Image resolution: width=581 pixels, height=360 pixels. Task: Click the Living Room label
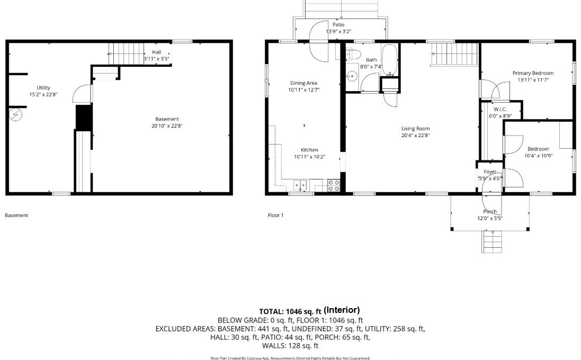tap(415, 129)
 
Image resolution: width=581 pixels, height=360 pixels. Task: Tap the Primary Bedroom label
tap(533, 73)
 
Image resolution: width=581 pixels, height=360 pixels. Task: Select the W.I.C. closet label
tap(500, 109)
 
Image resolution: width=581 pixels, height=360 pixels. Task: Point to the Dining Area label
tap(303, 83)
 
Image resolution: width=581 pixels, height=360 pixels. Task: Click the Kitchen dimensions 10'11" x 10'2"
tap(309, 157)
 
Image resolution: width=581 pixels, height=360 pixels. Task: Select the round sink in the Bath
tap(352, 76)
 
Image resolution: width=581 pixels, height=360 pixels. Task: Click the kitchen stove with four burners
tap(334, 185)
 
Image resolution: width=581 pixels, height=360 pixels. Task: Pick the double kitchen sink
tap(300, 185)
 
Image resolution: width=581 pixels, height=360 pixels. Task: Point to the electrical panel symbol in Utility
tap(15, 115)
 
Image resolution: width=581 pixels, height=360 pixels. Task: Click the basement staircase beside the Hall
tap(126, 53)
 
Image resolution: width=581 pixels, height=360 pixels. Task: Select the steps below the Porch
tap(492, 241)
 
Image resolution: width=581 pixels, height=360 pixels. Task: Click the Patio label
tap(338, 25)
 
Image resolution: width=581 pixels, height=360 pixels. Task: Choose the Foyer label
tap(490, 172)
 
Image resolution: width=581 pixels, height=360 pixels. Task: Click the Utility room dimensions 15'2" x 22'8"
tap(43, 94)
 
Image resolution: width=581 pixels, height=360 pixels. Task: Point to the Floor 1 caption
tap(276, 215)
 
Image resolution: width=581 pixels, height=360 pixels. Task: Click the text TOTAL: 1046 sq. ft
tap(290, 311)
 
